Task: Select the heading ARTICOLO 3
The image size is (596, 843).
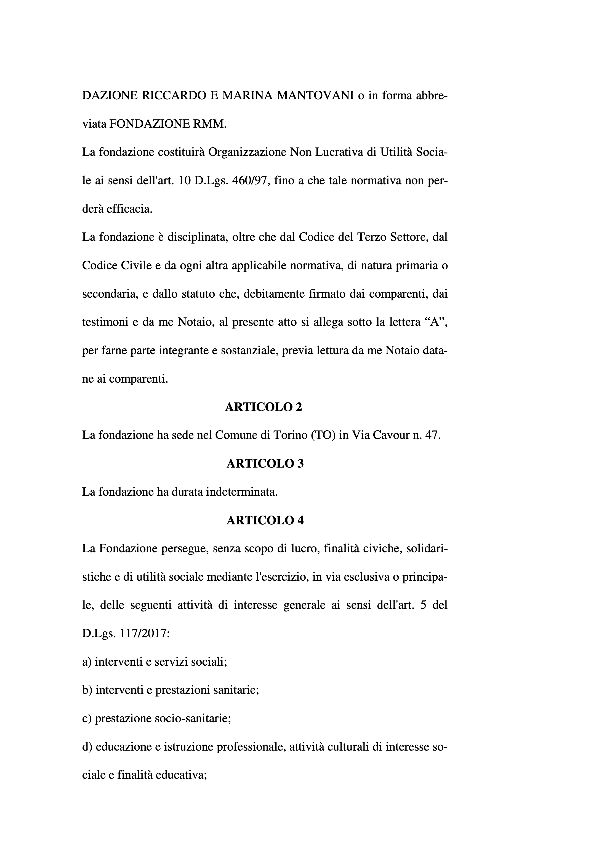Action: coord(265,464)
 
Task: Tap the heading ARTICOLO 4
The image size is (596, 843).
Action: coord(265,520)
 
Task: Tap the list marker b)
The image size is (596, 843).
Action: coord(87,690)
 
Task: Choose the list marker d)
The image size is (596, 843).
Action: coord(87,747)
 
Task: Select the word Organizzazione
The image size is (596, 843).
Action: coord(247,152)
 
